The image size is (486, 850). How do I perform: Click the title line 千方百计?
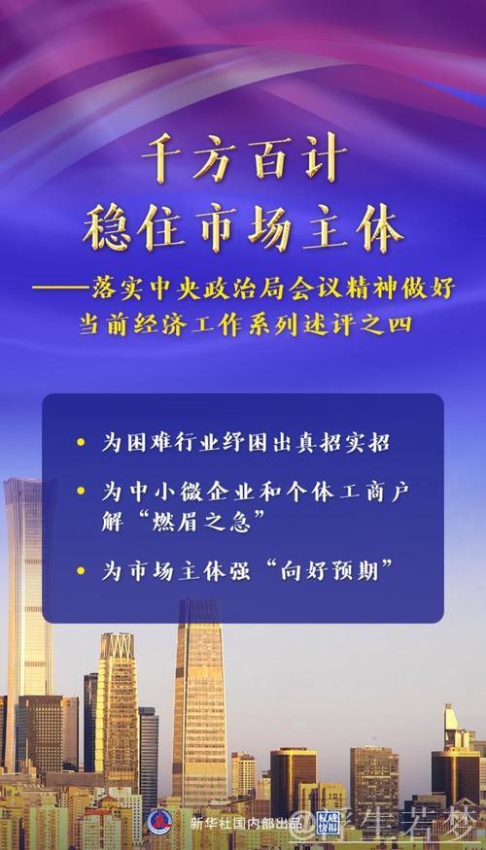pos(243,158)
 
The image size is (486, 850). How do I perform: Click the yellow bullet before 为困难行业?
pos(80,444)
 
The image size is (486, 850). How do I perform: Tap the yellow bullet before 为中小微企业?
pos(80,492)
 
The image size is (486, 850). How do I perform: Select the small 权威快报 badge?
pos(328,822)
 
